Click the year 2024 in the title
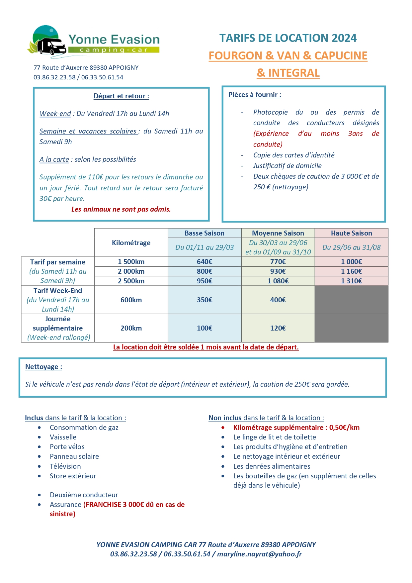point(344,38)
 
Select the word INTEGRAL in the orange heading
point(293,73)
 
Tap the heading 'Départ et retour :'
point(121,96)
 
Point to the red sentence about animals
point(121,209)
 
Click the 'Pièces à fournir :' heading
point(255,95)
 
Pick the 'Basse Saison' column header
point(204,233)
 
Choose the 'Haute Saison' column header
point(351,233)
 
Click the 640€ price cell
point(204,262)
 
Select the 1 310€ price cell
point(351,281)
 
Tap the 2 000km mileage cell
point(131,271)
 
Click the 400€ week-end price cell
point(278,300)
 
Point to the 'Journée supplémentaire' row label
point(58,324)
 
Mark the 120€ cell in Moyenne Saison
point(278,328)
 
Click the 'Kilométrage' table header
point(131,243)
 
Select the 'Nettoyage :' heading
point(43,367)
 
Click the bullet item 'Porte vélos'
point(67,447)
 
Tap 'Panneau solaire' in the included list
point(74,456)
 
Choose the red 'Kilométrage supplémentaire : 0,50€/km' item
point(296,428)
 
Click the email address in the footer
point(259,554)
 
